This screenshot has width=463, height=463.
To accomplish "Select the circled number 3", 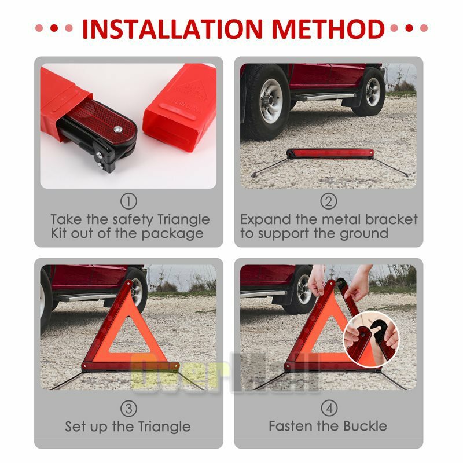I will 128,409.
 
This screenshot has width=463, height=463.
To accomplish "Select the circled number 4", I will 328,409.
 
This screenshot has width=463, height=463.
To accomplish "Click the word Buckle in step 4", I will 362,427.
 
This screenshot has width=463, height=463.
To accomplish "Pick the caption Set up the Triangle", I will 128,427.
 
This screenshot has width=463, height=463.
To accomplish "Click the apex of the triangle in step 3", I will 128,284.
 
